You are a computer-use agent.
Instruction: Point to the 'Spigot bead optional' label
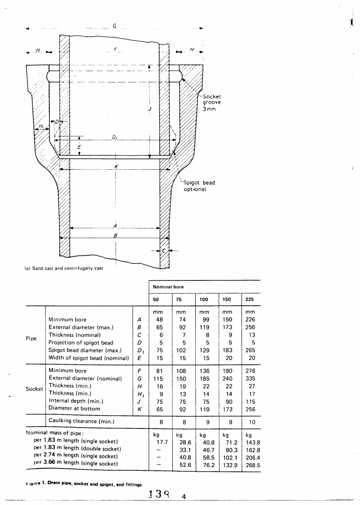pos(199,186)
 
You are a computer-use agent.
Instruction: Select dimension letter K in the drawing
pos(116,167)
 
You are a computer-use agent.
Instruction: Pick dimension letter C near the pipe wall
pos(164,251)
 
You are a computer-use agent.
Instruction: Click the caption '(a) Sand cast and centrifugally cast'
pos(63,269)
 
